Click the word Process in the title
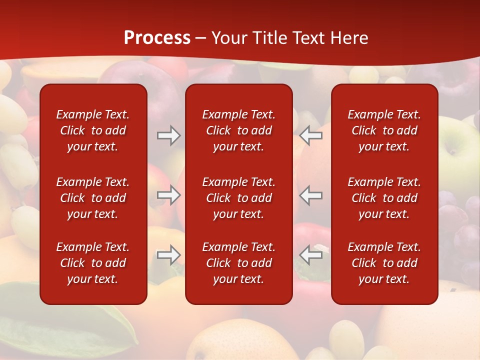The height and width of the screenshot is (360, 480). [x=157, y=38]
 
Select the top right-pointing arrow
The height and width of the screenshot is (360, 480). [x=168, y=135]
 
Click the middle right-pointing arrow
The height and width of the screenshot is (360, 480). [x=168, y=195]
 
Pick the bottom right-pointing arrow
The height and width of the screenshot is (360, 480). [x=168, y=255]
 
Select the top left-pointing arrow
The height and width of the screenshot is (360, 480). [x=310, y=135]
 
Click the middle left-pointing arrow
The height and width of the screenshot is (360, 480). [x=310, y=195]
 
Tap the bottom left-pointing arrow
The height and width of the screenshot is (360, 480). [x=310, y=255]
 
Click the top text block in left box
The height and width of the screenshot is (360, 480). [x=93, y=130]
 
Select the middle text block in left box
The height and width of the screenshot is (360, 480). [x=93, y=198]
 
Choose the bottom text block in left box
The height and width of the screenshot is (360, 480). [x=93, y=263]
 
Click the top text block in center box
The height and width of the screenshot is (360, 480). [x=238, y=130]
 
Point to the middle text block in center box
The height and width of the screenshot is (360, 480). [x=238, y=198]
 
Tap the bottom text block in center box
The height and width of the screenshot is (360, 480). [x=238, y=263]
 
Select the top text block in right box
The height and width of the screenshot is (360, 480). [x=384, y=130]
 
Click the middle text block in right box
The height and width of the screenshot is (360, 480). [x=384, y=198]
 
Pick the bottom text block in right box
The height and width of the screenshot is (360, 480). [x=384, y=263]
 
